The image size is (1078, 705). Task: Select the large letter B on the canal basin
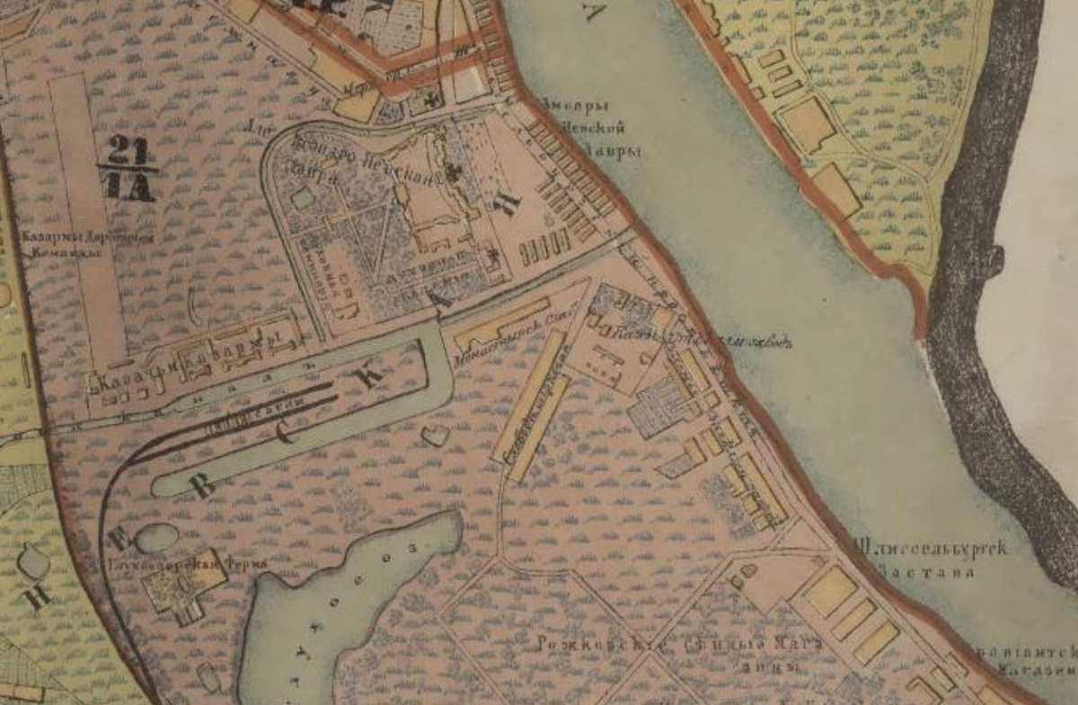click(204, 485)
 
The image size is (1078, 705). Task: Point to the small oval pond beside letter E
click(156, 538)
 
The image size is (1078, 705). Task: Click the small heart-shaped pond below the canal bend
click(435, 436)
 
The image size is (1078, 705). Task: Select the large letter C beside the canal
click(287, 436)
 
